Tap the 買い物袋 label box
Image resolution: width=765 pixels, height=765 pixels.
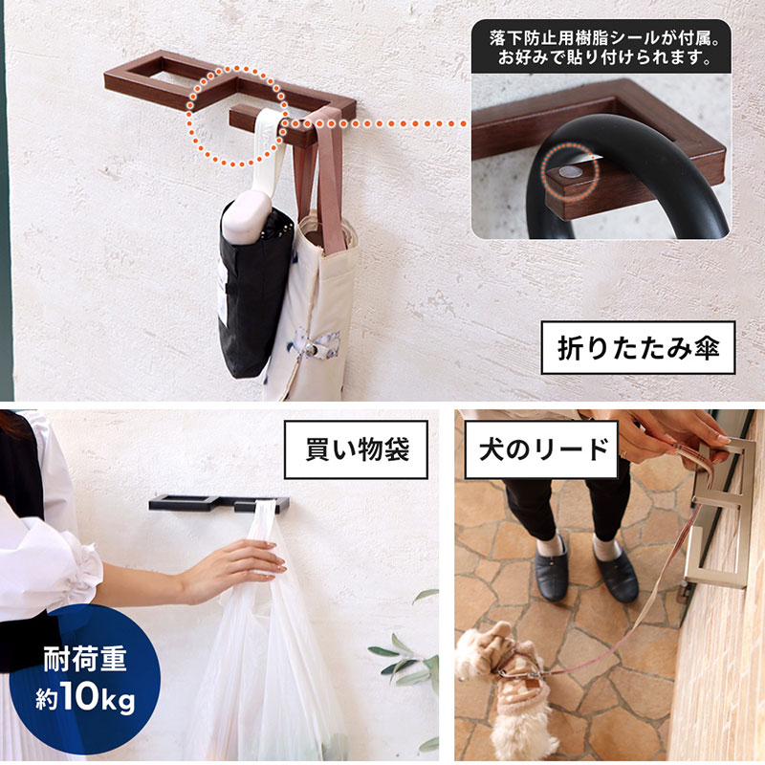point(356,448)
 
